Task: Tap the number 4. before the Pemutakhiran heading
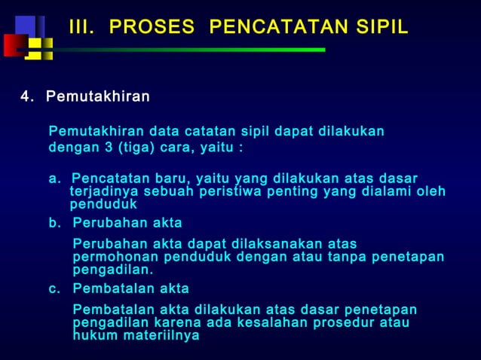28,98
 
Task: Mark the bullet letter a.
55,178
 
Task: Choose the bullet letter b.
55,224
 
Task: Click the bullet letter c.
55,289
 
